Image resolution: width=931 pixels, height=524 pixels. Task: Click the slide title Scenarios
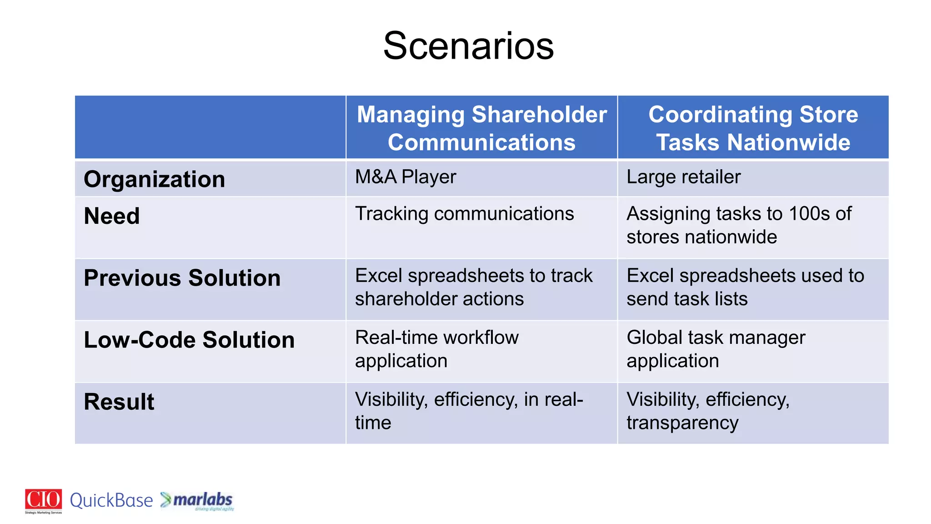[468, 46]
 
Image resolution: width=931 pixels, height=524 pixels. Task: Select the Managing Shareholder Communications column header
[481, 128]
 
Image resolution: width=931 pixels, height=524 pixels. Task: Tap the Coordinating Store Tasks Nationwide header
[753, 128]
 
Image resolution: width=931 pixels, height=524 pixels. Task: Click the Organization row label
[155, 179]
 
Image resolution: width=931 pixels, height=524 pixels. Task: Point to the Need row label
[112, 216]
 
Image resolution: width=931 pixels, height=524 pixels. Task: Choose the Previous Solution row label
[182, 278]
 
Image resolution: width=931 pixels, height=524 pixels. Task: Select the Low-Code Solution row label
[189, 340]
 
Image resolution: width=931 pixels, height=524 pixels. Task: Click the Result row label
[119, 402]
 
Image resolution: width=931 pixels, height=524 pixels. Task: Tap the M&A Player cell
[405, 177]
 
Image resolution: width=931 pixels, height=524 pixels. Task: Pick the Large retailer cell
[683, 177]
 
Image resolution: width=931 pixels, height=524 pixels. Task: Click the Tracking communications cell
[464, 214]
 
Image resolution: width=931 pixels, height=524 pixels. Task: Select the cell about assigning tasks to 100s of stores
[738, 225]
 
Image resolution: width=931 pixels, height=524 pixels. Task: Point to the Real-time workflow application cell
[436, 349]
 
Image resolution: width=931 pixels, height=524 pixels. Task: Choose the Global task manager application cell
[716, 349]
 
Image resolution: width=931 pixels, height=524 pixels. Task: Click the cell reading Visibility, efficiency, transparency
[708, 411]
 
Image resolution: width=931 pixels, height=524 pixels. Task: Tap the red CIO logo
[44, 500]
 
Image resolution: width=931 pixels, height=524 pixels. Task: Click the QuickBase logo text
[111, 501]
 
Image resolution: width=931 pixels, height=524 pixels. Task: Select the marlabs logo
[197, 500]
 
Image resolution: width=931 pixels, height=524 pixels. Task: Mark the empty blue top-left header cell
[210, 127]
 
